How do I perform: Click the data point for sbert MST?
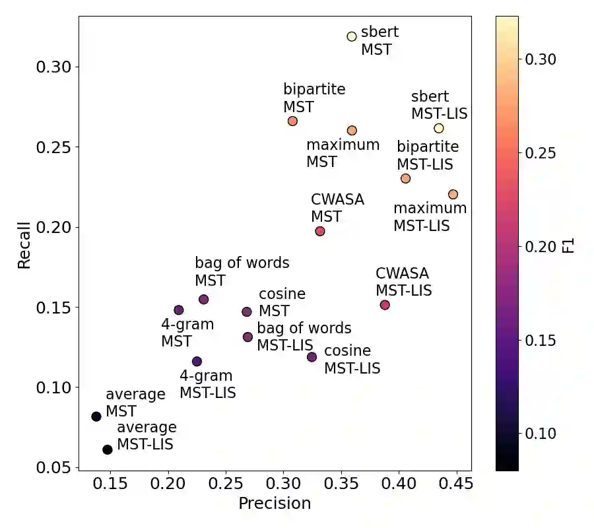pyautogui.click(x=352, y=36)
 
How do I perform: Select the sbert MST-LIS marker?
pyautogui.click(x=439, y=128)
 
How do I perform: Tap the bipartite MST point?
pyautogui.click(x=292, y=121)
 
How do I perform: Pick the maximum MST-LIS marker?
pyautogui.click(x=453, y=194)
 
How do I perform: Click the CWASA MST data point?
pyautogui.click(x=320, y=231)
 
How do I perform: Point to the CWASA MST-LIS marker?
pyautogui.click(x=385, y=305)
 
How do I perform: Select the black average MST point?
pyautogui.click(x=96, y=416)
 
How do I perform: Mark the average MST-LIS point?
pyautogui.click(x=108, y=449)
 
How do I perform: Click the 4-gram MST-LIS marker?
pyautogui.click(x=197, y=361)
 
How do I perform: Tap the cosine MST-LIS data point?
pyautogui.click(x=312, y=357)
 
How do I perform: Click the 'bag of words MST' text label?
pyautogui.click(x=242, y=271)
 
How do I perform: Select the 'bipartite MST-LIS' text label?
pyautogui.click(x=427, y=154)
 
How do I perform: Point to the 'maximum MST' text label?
pyautogui.click(x=343, y=152)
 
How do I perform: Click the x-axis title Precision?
pyautogui.click(x=274, y=504)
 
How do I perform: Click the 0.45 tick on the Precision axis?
pyautogui.click(x=455, y=483)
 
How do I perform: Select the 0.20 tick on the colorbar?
pyautogui.click(x=540, y=247)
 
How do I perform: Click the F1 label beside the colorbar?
pyautogui.click(x=568, y=247)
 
